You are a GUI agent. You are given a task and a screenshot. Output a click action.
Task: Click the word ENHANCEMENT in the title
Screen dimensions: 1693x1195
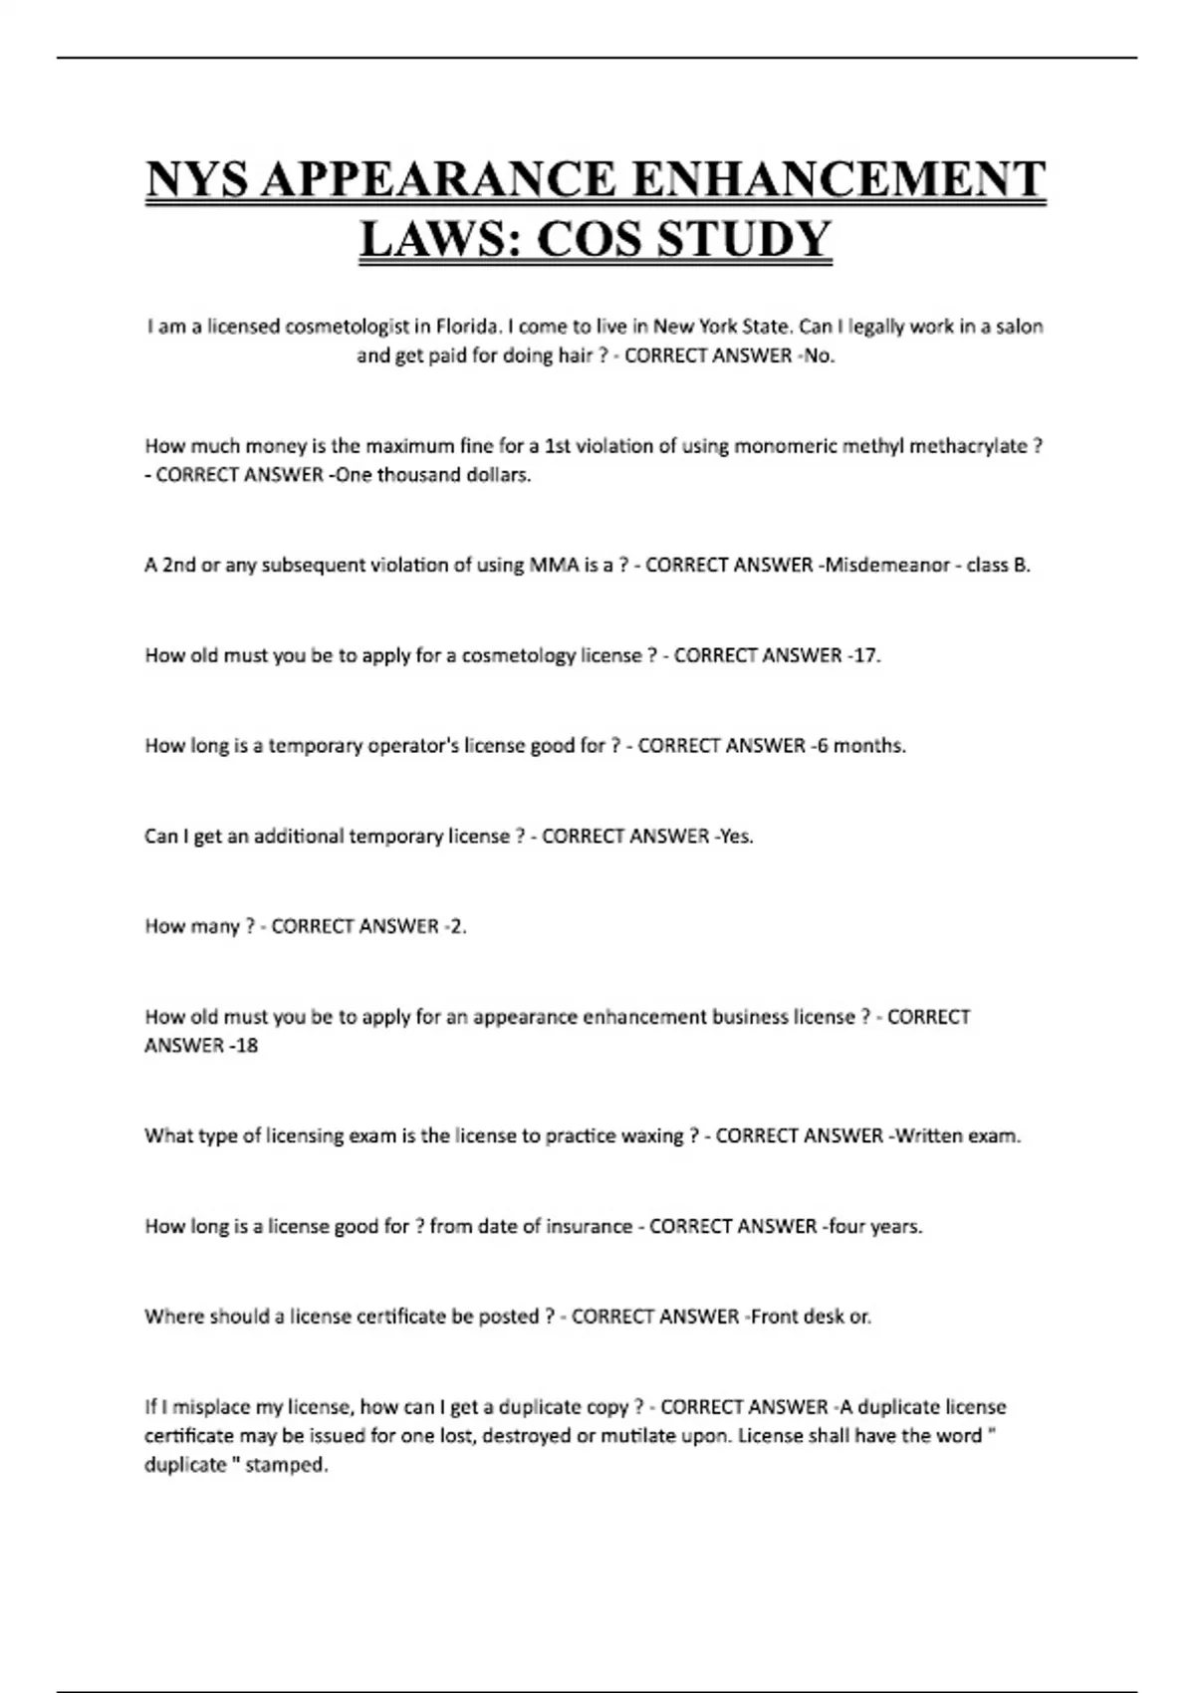[x=838, y=180]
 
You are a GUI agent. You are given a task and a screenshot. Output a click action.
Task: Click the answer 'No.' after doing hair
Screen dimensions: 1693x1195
[x=819, y=356]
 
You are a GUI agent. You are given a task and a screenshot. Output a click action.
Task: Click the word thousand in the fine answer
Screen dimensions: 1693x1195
[x=419, y=475]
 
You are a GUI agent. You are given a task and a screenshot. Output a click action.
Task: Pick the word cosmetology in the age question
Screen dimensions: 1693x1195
[x=518, y=656]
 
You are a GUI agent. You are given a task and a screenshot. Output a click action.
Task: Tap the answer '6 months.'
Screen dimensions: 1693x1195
[x=861, y=746]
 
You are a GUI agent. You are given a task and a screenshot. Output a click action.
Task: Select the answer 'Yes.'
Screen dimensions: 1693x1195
[x=736, y=837]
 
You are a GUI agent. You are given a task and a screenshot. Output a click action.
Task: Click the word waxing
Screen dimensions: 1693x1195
[x=652, y=1136]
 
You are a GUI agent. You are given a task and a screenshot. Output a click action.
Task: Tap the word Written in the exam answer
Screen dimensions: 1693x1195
[x=932, y=1136]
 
